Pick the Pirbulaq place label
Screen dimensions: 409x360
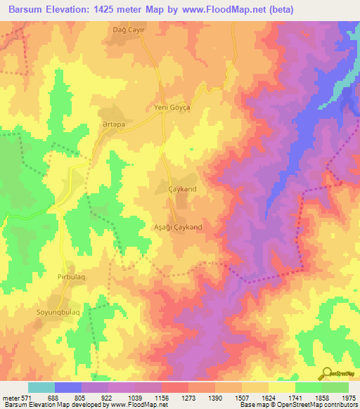coord(71,278)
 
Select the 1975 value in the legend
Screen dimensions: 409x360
coord(349,397)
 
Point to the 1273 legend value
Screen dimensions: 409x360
coord(188,397)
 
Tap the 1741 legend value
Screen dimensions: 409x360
coord(295,397)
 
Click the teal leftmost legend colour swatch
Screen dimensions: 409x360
coord(41,387)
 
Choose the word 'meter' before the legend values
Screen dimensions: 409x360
coord(11,397)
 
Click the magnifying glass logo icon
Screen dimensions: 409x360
coord(326,372)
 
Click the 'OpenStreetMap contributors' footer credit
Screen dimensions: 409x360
coord(316,405)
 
